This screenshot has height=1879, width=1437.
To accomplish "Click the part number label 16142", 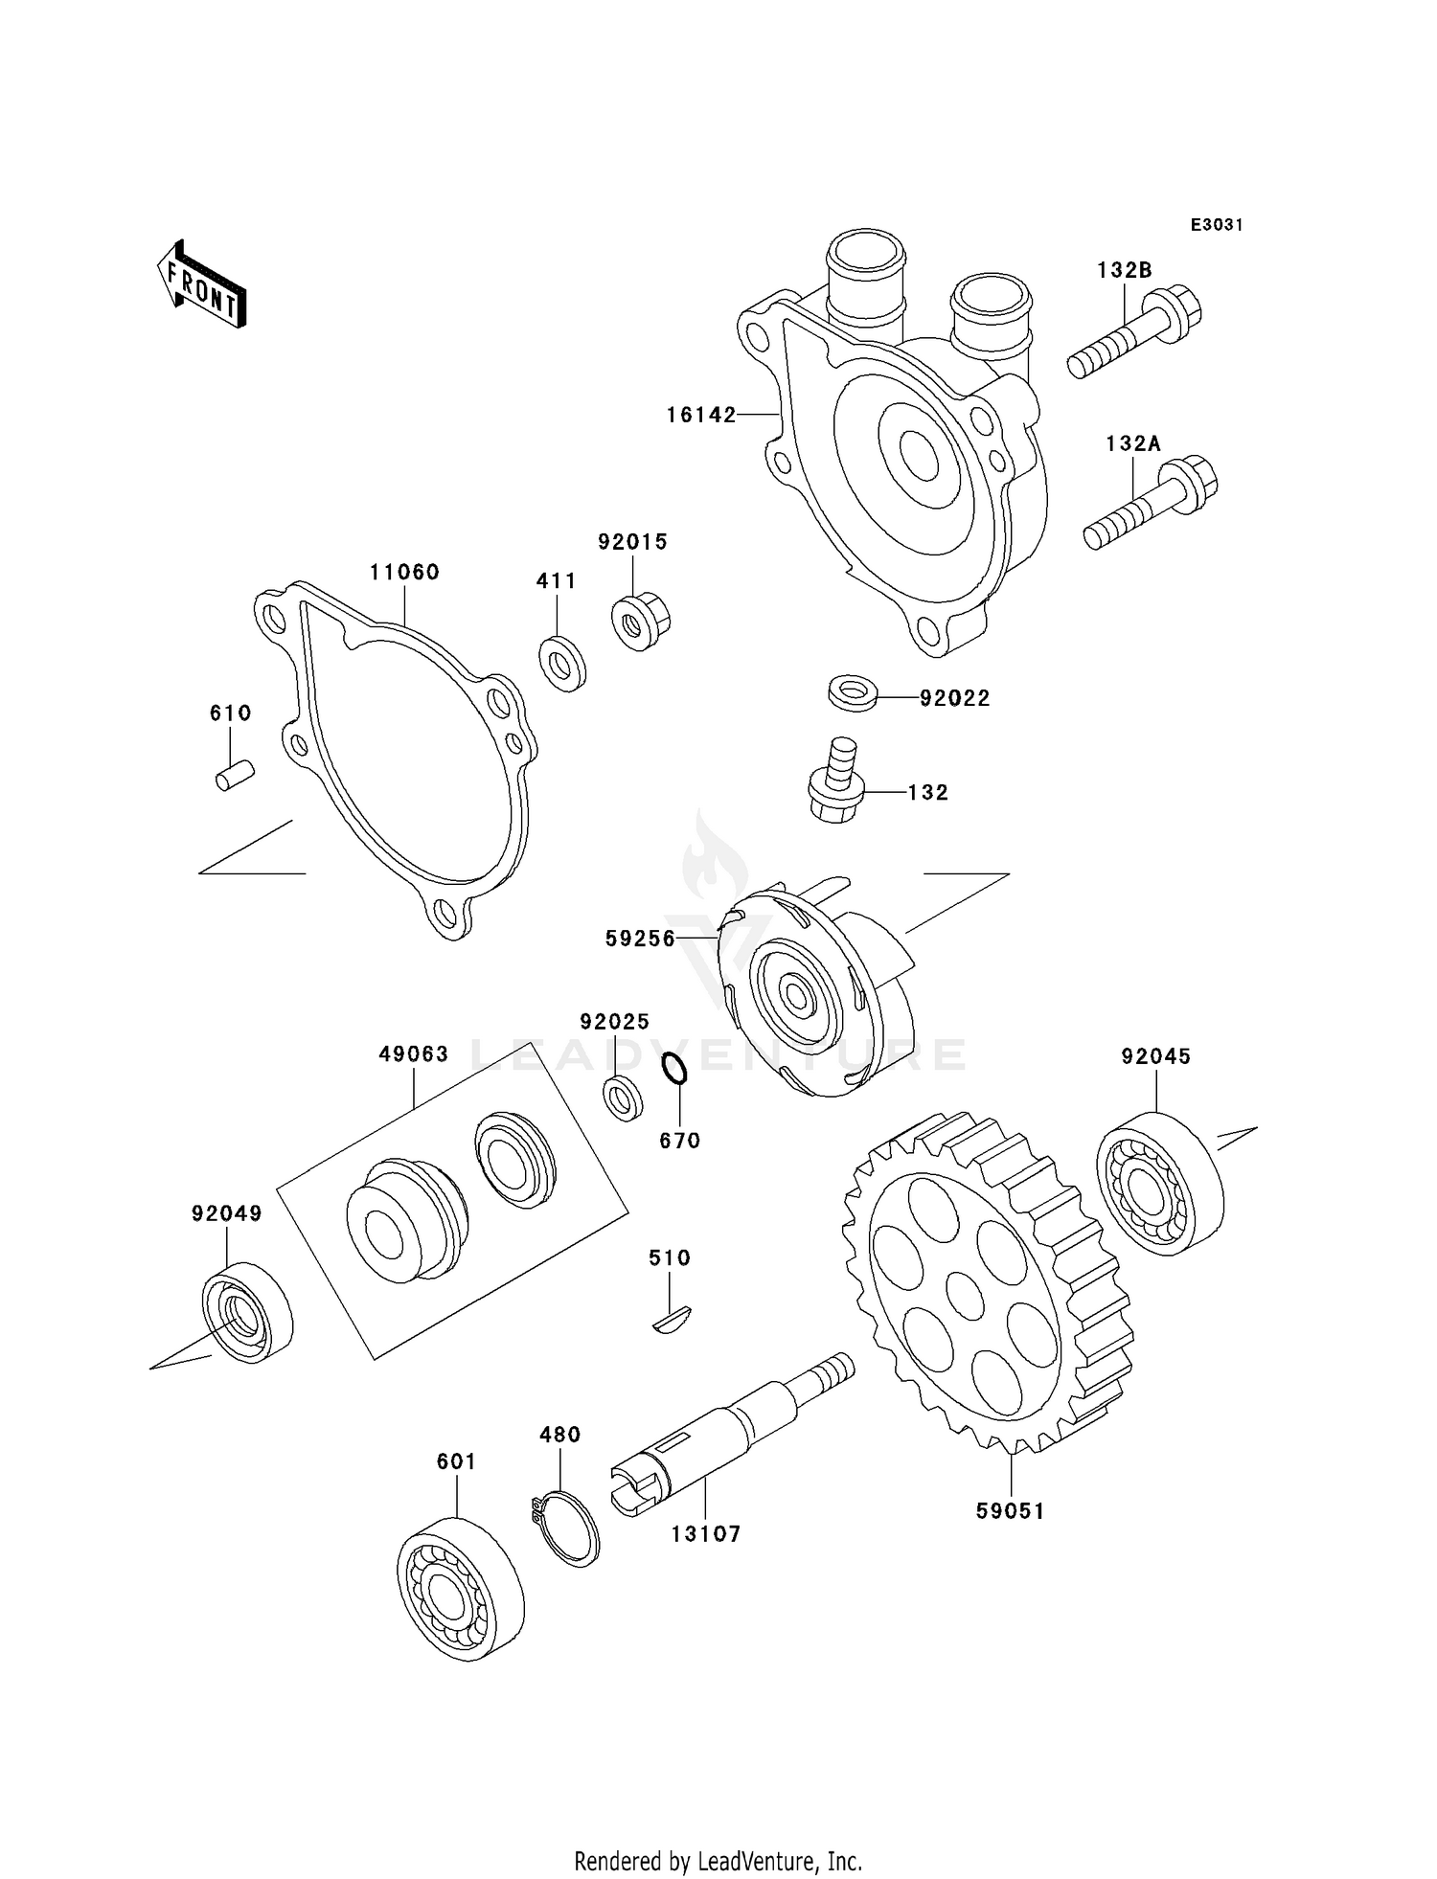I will [701, 415].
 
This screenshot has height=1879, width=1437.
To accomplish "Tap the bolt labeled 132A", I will [1151, 502].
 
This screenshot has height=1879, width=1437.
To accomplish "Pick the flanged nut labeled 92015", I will [639, 622].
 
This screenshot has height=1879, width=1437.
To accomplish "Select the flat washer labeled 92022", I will [853, 692].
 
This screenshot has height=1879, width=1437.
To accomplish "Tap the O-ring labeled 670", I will [674, 1069].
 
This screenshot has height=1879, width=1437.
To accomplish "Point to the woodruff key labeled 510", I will [675, 1320].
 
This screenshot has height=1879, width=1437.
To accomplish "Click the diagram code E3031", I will [1216, 225].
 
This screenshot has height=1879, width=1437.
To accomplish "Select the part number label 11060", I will [404, 572].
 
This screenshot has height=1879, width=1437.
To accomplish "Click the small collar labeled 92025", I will [623, 1098].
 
